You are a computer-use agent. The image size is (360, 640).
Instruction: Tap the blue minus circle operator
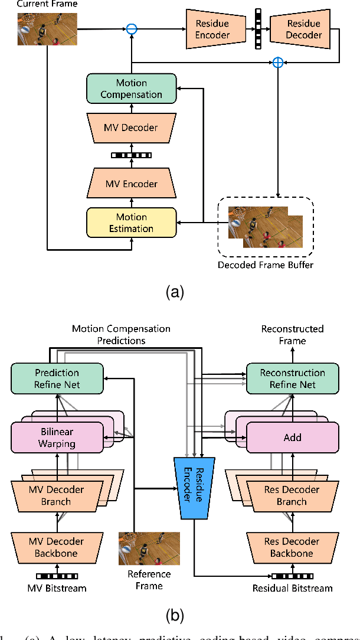[x=132, y=28]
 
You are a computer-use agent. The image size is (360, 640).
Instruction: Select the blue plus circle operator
[x=277, y=62]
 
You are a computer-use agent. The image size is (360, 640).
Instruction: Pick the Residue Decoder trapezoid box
[x=304, y=29]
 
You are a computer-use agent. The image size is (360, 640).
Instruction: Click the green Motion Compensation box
[x=131, y=89]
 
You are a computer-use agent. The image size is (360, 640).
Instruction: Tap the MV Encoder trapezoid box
[x=131, y=184]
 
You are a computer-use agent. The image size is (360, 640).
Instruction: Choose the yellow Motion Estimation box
[x=131, y=223]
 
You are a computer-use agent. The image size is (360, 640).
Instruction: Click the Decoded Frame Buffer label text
[x=265, y=265]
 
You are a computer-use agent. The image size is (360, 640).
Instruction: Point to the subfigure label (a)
[x=175, y=292]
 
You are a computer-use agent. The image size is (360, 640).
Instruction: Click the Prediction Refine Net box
[x=57, y=378]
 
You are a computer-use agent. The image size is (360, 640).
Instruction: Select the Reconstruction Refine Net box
[x=292, y=378]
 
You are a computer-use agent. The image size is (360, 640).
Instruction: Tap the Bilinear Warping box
[x=57, y=437]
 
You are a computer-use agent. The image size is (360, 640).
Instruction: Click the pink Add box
[x=292, y=437]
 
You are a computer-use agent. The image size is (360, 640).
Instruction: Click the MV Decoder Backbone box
[x=57, y=547]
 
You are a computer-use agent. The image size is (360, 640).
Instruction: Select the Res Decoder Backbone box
[x=292, y=547]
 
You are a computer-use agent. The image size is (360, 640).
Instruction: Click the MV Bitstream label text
[x=57, y=587]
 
